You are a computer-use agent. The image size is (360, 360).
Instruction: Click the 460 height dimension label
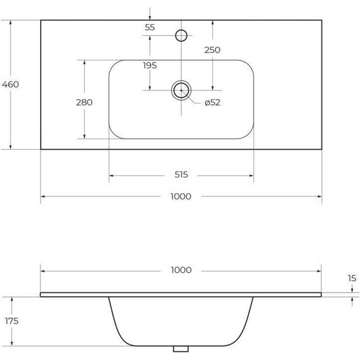pyautogui.click(x=11, y=84)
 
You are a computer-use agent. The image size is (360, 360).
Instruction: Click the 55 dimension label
pyautogui.click(x=150, y=27)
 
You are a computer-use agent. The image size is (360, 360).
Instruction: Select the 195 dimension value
pyautogui.click(x=150, y=65)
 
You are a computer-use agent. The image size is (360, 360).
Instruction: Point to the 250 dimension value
pyautogui.click(x=212, y=49)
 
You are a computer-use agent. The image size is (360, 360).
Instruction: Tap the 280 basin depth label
pyautogui.click(x=84, y=102)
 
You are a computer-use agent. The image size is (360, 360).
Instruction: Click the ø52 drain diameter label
pyautogui.click(x=212, y=103)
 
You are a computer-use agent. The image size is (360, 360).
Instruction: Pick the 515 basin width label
pyautogui.click(x=181, y=175)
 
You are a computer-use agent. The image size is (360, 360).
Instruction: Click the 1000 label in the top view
pyautogui.click(x=181, y=196)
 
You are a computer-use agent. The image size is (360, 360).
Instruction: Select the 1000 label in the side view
pyautogui.click(x=181, y=270)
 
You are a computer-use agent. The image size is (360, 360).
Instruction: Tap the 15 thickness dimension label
pyautogui.click(x=351, y=278)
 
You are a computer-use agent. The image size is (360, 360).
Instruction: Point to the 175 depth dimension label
pyautogui.click(x=11, y=321)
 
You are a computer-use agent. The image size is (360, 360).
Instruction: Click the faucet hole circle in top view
pyautogui.click(x=181, y=35)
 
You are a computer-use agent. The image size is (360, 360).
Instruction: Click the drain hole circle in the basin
pyautogui.click(x=181, y=90)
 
